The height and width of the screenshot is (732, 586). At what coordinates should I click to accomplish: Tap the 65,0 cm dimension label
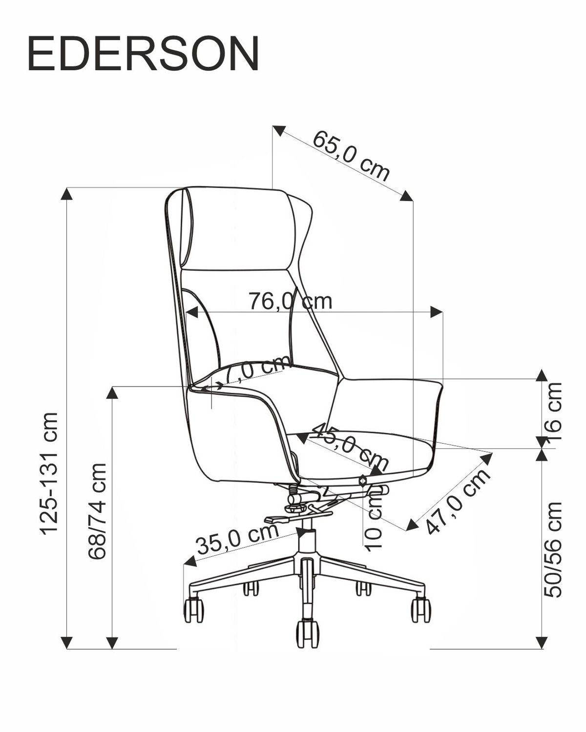(351, 155)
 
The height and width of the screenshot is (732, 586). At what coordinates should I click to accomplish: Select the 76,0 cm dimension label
(291, 301)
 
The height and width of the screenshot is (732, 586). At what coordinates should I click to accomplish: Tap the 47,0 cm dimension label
(458, 502)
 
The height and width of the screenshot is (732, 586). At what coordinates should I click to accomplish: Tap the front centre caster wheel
(307, 633)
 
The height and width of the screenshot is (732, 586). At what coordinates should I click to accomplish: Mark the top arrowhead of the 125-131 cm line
(66, 193)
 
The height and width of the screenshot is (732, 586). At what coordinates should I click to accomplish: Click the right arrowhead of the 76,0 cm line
(436, 311)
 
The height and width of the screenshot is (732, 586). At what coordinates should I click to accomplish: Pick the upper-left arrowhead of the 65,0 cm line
(279, 131)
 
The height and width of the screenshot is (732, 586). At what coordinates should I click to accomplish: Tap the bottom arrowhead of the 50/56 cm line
(541, 642)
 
